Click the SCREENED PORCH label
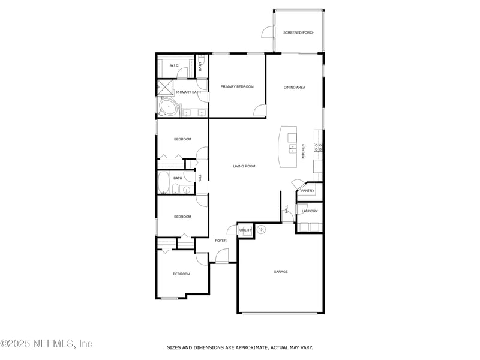click(298, 32)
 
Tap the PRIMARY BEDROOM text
click(237, 87)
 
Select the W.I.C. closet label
click(174, 65)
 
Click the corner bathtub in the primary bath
click(168, 109)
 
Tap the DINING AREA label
click(295, 88)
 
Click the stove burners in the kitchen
click(318, 147)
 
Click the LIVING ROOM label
click(244, 166)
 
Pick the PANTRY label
click(308, 191)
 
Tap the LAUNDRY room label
click(310, 211)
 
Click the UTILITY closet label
click(245, 230)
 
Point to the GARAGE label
click(281, 272)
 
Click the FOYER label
click(221, 241)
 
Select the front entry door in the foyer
click(222, 262)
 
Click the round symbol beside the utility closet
click(260, 229)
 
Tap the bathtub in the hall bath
click(164, 182)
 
